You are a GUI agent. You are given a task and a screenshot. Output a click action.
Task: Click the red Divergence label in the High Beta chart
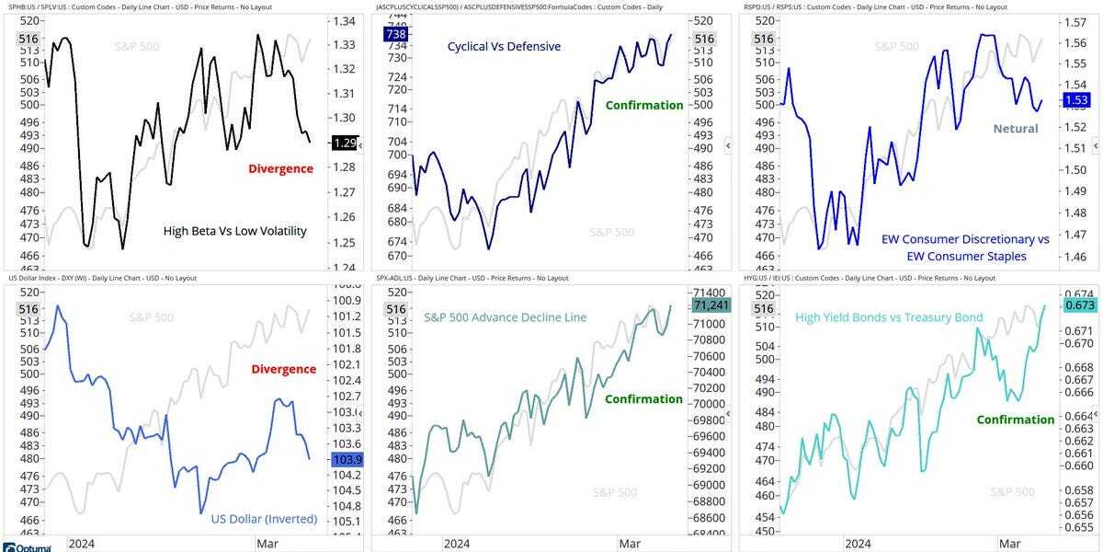pyautogui.click(x=280, y=168)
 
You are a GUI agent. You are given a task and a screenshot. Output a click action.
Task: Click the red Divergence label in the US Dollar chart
pyautogui.click(x=283, y=369)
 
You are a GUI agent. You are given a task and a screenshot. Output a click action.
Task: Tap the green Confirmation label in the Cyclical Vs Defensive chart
pyautogui.click(x=643, y=105)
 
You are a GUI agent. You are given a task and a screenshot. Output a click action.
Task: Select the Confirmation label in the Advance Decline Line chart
pyautogui.click(x=643, y=398)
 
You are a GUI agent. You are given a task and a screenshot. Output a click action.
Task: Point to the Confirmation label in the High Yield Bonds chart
pyautogui.click(x=1015, y=420)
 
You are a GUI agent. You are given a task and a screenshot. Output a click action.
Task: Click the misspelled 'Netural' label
pyautogui.click(x=1015, y=129)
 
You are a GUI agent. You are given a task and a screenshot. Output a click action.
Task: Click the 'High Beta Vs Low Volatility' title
pyautogui.click(x=234, y=231)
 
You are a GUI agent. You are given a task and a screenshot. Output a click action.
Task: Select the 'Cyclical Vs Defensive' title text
pyautogui.click(x=504, y=46)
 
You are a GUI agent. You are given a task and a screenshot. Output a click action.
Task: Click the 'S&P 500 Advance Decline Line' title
pyautogui.click(x=505, y=317)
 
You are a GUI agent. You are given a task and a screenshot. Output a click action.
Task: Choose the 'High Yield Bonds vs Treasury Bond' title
pyautogui.click(x=888, y=317)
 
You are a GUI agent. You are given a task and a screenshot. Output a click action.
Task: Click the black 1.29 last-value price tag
pyautogui.click(x=344, y=143)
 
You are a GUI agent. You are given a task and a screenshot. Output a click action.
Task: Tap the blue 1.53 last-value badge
pyautogui.click(x=1076, y=99)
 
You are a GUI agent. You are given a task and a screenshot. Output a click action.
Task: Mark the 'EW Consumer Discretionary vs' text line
pyautogui.click(x=964, y=239)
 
